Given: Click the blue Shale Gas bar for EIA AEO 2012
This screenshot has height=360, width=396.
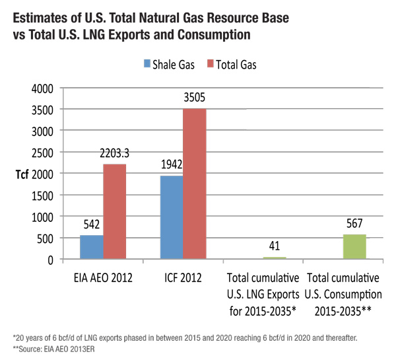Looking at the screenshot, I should pos(91,247).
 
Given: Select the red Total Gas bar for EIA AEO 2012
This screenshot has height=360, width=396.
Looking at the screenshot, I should pos(114,211).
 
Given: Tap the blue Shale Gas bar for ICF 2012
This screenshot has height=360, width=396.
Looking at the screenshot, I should pos(171,217).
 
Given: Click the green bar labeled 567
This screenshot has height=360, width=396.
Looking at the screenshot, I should pos(354,246).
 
